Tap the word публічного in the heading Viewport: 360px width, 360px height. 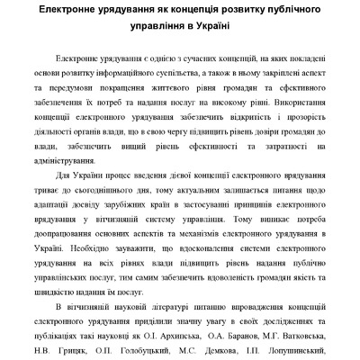(x=283, y=10)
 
